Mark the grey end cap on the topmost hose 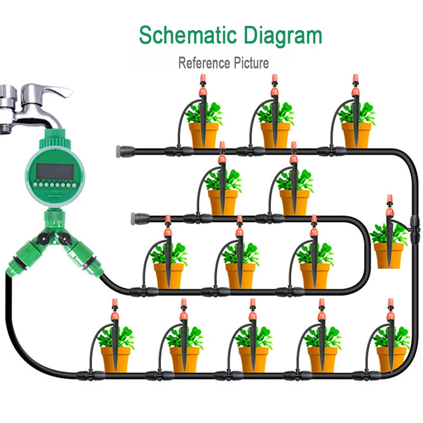123,151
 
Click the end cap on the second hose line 139,217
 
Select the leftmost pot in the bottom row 116,358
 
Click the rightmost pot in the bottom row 392,358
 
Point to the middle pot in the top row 275,135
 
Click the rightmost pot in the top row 356,135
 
